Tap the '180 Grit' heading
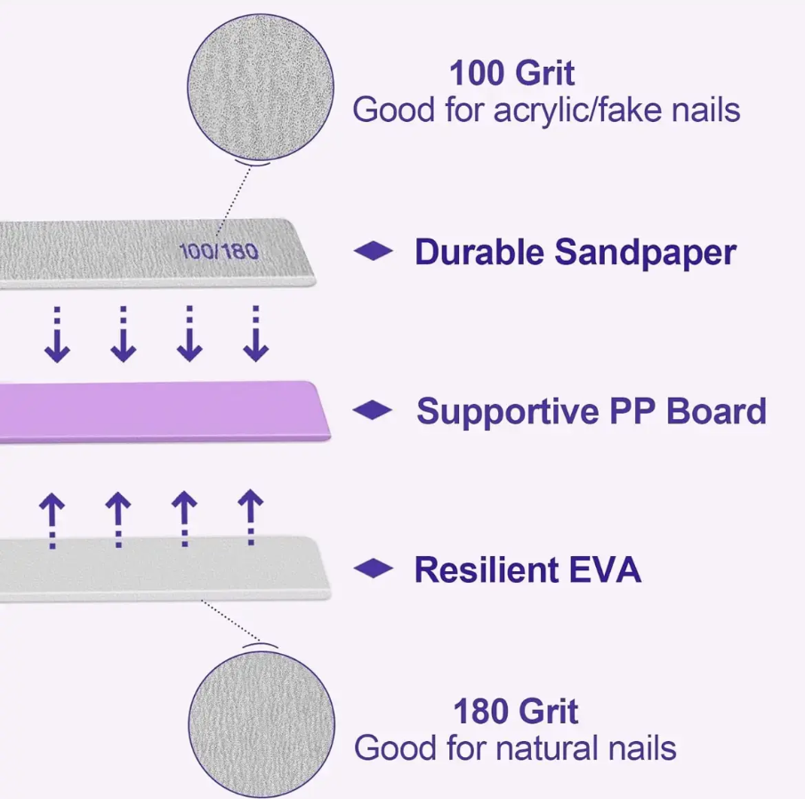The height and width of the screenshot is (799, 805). (x=515, y=711)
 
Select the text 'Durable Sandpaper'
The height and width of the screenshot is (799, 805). (x=575, y=253)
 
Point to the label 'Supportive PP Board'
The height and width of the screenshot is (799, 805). (x=591, y=411)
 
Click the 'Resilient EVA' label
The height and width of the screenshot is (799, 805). (x=527, y=569)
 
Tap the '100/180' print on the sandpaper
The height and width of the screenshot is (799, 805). (x=219, y=252)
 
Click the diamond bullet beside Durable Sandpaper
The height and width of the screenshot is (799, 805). (x=374, y=253)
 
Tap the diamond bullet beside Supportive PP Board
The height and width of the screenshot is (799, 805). (x=374, y=411)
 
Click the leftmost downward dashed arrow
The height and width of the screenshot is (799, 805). (x=57, y=335)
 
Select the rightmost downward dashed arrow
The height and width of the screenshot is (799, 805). (x=256, y=335)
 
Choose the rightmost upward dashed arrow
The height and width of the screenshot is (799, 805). (x=251, y=520)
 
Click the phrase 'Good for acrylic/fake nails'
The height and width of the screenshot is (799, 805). (x=546, y=111)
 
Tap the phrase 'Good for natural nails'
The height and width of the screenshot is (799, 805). (x=515, y=747)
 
